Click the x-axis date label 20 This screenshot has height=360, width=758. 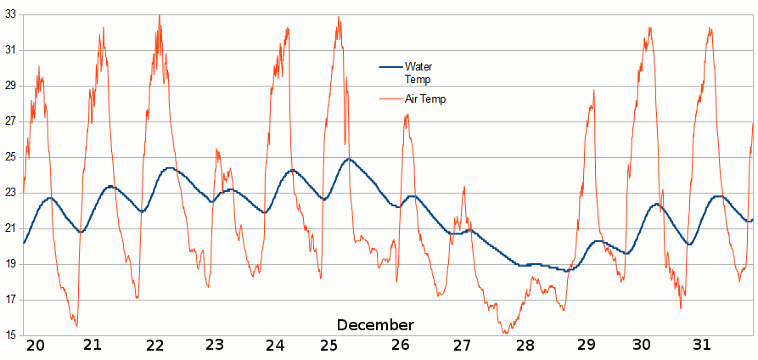point(35,345)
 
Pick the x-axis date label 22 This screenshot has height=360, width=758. point(154,345)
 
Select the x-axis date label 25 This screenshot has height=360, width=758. point(329,345)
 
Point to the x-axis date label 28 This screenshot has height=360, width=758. point(525,345)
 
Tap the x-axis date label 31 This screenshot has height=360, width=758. point(701,345)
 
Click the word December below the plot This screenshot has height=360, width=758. point(375,325)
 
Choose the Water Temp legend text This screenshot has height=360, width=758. point(418,73)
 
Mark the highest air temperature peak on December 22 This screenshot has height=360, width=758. point(159,15)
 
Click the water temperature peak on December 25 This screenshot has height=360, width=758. point(348,159)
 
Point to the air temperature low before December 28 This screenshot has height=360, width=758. point(506,333)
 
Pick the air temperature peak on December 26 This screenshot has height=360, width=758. point(407,115)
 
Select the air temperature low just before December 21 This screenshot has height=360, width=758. point(76,325)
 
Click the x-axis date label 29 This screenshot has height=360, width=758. point(587,345)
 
